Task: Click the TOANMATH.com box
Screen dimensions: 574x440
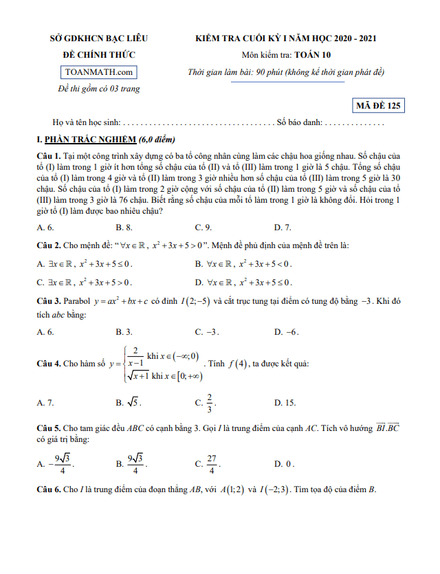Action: point(98,72)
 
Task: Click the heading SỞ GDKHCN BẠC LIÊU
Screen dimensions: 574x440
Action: point(99,38)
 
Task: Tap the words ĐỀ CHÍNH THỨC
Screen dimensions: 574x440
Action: point(99,55)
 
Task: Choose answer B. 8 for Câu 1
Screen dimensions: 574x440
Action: point(124,227)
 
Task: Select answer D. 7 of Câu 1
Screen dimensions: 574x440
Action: point(283,227)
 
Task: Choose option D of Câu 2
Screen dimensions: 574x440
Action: point(243,282)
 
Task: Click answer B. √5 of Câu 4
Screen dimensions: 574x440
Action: point(129,403)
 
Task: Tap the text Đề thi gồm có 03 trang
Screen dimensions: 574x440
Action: point(98,89)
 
